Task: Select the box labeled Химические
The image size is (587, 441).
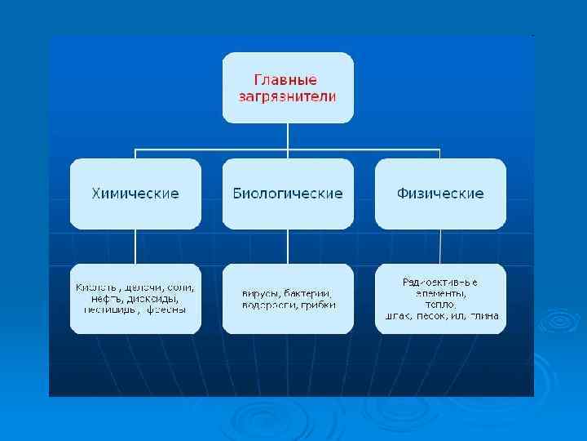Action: pyautogui.click(x=135, y=194)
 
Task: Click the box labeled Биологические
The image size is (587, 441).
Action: pyautogui.click(x=288, y=194)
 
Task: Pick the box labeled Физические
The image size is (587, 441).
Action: pyautogui.click(x=440, y=194)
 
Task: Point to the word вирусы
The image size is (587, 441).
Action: pyautogui.click(x=260, y=293)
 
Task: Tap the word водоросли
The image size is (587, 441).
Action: pyautogui.click(x=267, y=305)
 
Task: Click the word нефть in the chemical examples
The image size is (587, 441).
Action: pyautogui.click(x=101, y=299)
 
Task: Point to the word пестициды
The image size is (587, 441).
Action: pyautogui.click(x=105, y=310)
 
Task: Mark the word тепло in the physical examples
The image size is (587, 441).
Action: pyautogui.click(x=440, y=304)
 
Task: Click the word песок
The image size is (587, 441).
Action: pyautogui.click(x=433, y=315)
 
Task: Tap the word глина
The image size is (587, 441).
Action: pyautogui.click(x=483, y=315)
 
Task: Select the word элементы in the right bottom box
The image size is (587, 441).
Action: pyautogui.click(x=440, y=292)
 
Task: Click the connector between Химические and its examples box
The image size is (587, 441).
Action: pyautogui.click(x=135, y=246)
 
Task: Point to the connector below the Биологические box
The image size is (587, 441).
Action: pyautogui.click(x=288, y=246)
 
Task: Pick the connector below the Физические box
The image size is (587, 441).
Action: pyautogui.click(x=440, y=246)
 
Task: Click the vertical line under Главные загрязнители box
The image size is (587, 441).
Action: pyautogui.click(x=288, y=136)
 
